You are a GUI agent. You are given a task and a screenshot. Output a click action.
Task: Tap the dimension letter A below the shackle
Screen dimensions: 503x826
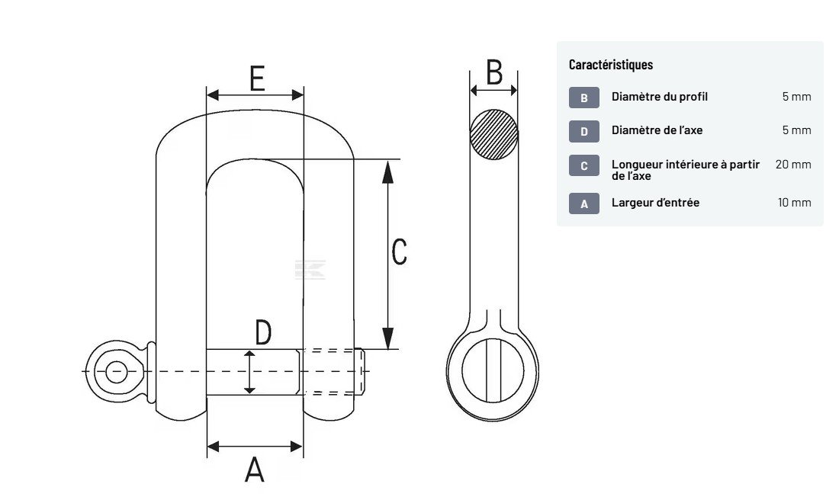[254, 469]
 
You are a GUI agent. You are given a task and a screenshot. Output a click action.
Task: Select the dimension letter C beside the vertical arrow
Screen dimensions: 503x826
[399, 251]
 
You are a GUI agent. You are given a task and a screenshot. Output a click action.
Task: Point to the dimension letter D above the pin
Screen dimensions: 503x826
[262, 333]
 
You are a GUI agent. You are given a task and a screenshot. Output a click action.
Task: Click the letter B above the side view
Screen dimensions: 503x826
[494, 72]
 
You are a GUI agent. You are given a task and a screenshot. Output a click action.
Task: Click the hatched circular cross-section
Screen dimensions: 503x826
[493, 134]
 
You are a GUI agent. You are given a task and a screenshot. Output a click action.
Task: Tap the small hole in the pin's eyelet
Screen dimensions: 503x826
[116, 372]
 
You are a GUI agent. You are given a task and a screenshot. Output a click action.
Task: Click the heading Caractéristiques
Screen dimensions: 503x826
[611, 65]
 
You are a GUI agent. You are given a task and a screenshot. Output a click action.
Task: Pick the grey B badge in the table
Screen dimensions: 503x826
[584, 98]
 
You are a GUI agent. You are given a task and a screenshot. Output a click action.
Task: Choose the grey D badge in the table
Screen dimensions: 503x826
[584, 131]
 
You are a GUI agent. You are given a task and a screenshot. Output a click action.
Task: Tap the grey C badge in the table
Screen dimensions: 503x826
[584, 165]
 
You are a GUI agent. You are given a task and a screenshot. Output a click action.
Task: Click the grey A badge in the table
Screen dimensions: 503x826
[584, 203]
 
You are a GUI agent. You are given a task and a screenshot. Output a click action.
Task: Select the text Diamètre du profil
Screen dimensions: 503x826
[660, 97]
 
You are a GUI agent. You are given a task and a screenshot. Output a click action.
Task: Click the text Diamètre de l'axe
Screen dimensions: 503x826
[657, 130]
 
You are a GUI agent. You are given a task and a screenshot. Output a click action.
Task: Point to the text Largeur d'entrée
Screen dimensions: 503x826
[655, 203]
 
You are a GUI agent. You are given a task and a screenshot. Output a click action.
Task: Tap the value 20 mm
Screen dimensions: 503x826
[793, 165]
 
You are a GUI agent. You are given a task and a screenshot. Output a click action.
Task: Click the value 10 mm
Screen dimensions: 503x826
[794, 203]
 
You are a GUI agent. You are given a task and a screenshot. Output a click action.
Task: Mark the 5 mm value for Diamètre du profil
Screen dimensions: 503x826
[796, 97]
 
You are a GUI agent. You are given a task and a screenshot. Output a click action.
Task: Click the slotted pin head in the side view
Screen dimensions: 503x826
[494, 370]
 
